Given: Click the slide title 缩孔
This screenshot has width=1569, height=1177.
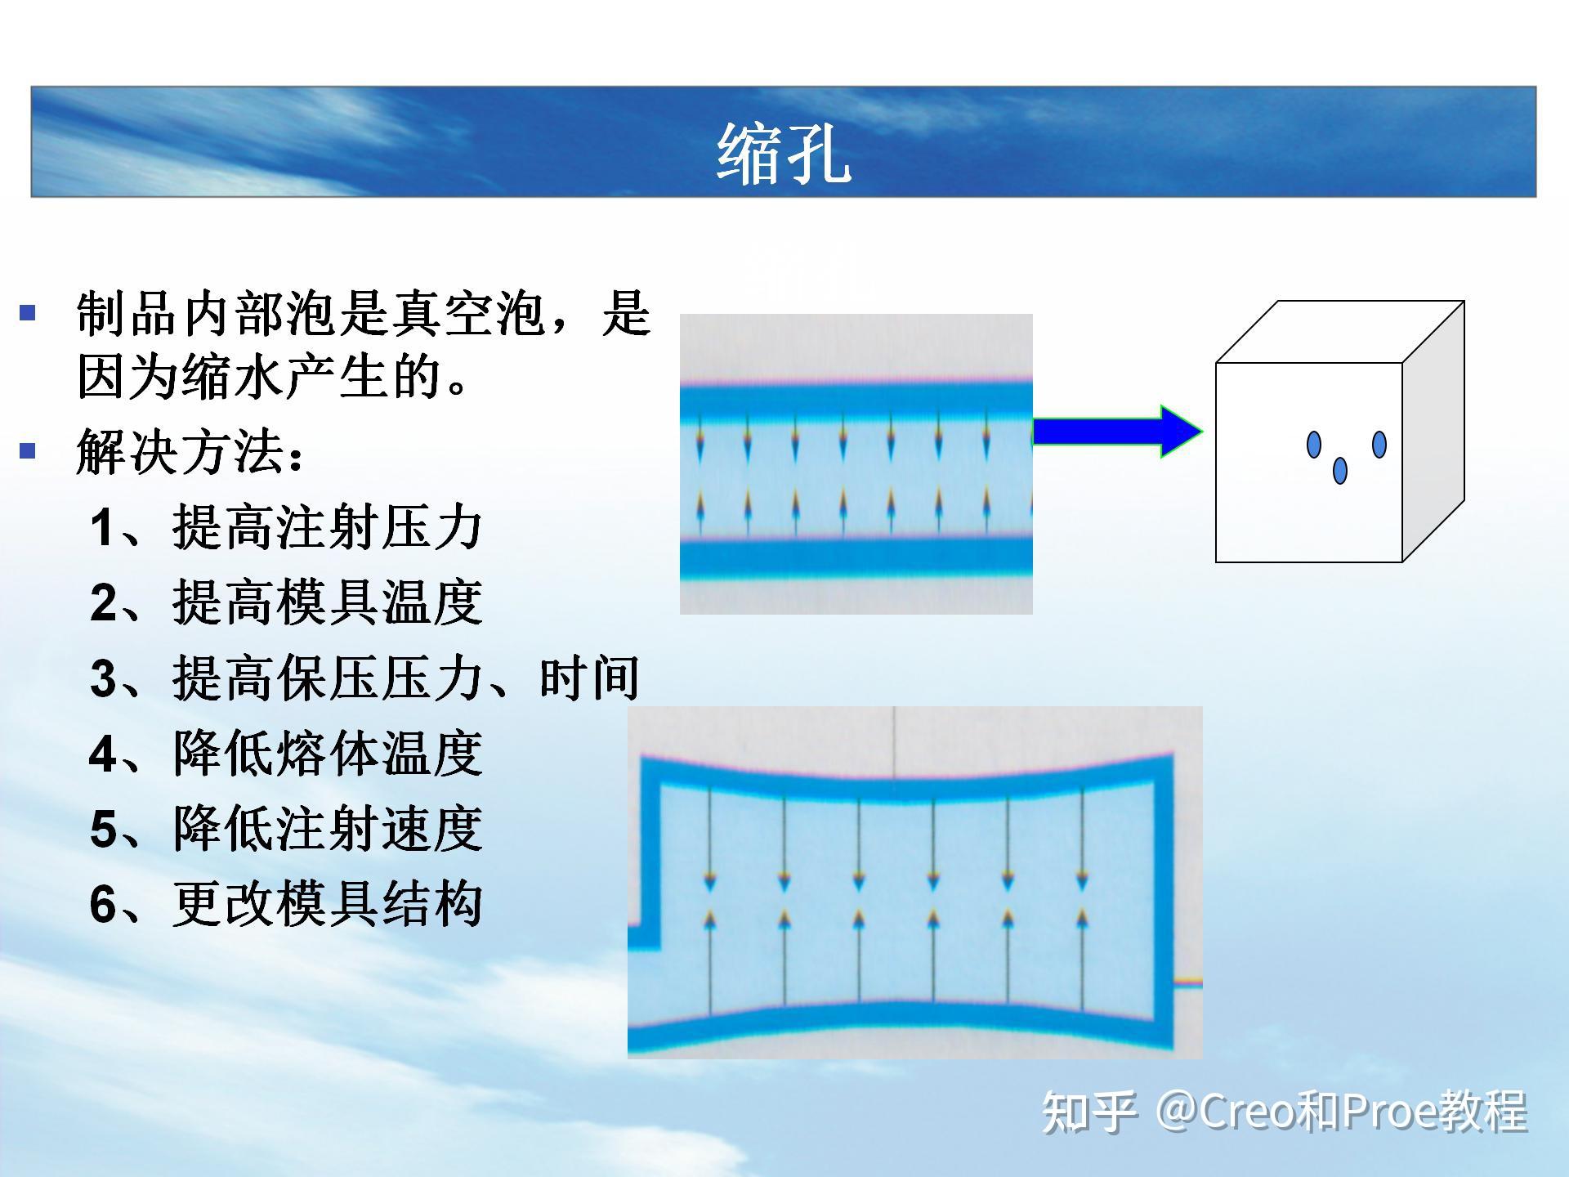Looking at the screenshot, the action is [784, 154].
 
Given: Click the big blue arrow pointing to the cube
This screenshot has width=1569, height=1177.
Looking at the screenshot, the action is [1117, 431].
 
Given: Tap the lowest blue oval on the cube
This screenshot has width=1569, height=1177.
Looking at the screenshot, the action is [1340, 470].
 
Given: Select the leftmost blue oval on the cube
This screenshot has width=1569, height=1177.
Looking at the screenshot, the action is [1314, 445].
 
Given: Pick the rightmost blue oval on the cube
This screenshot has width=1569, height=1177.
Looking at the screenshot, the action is [1379, 445].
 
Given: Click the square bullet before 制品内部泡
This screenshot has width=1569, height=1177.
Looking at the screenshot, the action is [28, 311].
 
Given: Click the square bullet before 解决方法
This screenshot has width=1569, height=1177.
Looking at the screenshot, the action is [28, 450].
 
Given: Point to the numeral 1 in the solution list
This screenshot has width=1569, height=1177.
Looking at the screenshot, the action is [102, 527].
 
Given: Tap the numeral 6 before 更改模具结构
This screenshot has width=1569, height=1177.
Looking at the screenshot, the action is [103, 905].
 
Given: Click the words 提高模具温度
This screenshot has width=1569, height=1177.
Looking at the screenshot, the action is [327, 602].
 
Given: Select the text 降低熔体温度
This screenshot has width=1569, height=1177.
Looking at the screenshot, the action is [327, 754].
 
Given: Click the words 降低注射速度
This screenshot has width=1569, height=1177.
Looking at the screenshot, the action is [327, 829].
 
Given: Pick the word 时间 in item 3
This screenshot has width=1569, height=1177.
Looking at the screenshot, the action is [589, 678].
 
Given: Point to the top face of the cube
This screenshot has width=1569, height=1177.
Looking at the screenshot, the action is [1340, 332].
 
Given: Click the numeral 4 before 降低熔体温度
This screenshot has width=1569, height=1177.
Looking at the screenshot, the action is [103, 754].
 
